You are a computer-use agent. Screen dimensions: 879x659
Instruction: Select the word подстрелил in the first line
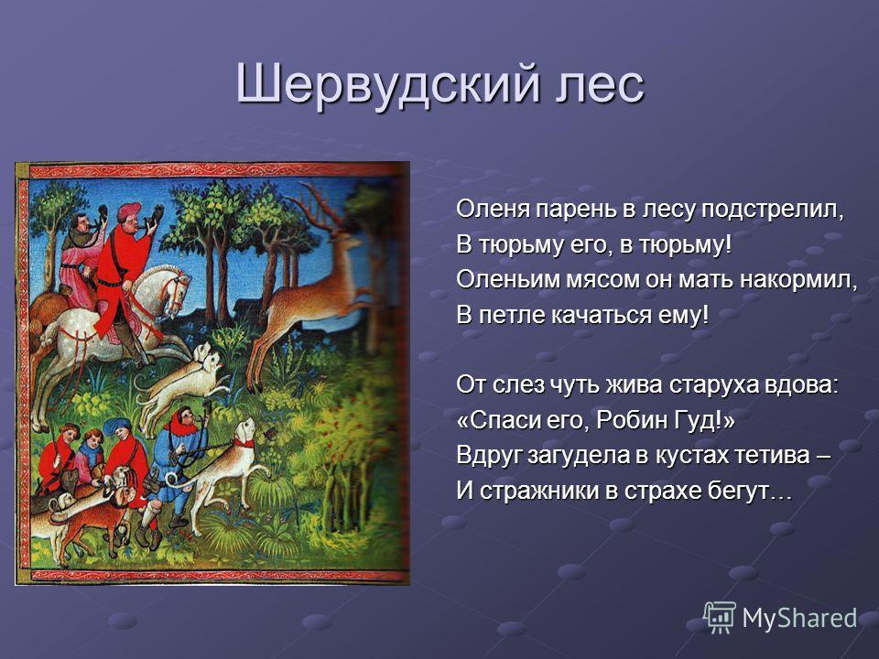[x=773, y=211]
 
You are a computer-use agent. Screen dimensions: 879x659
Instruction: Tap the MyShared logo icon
[x=720, y=618]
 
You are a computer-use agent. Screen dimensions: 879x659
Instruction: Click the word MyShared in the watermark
[x=799, y=619]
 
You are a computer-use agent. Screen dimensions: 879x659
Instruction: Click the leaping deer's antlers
[x=319, y=208]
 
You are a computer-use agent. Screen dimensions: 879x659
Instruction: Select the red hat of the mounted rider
[x=128, y=211]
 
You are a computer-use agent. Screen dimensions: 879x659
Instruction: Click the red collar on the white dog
[x=244, y=443]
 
